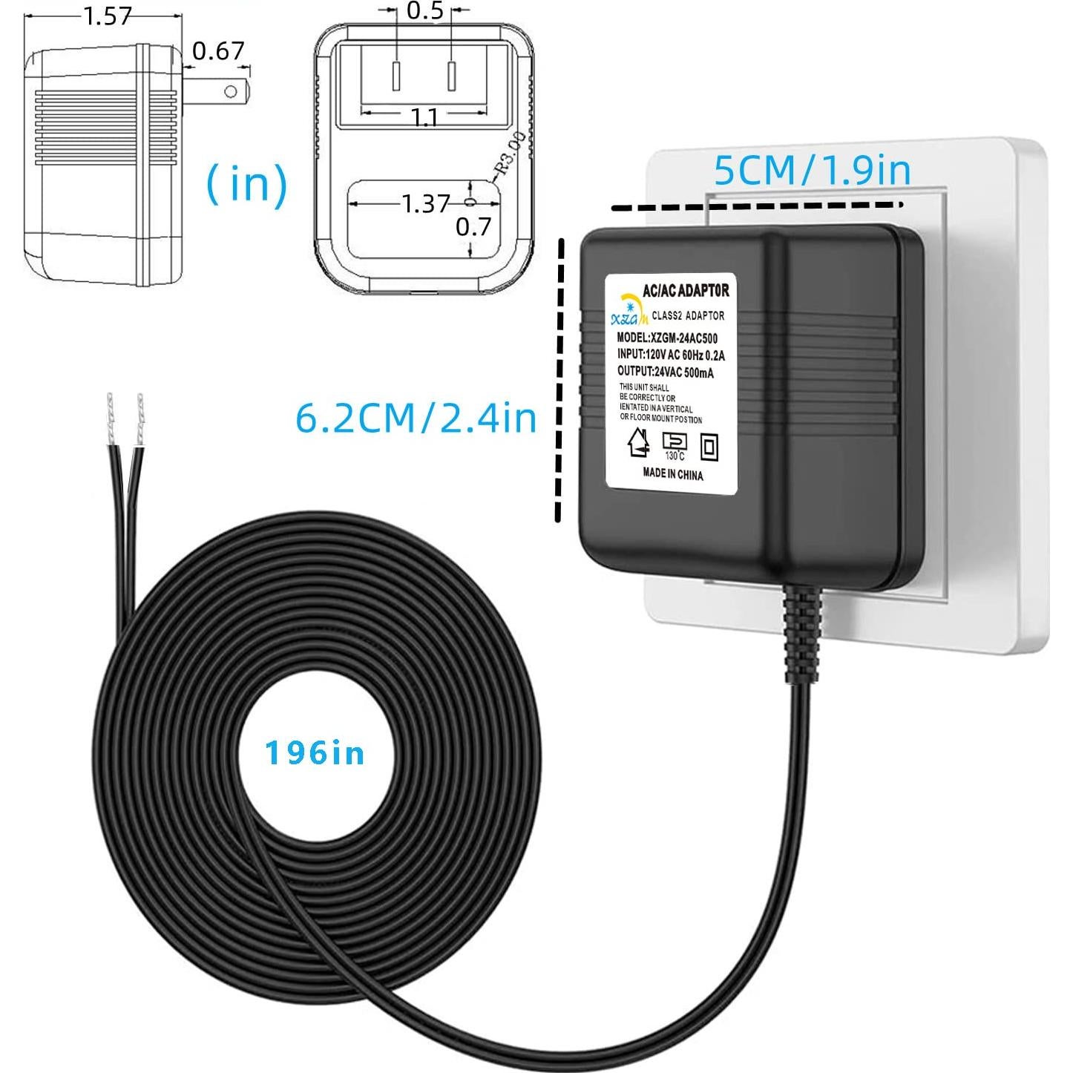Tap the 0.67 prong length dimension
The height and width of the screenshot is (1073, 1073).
coord(218,50)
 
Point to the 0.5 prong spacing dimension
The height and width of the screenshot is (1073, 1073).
coord(424,11)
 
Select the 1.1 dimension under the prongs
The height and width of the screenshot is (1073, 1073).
coord(424,117)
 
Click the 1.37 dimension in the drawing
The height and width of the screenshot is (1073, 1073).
coord(426,203)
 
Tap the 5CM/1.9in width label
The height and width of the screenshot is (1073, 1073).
coord(812,171)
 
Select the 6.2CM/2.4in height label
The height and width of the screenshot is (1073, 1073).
coord(416,418)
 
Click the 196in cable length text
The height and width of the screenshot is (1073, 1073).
coord(315,753)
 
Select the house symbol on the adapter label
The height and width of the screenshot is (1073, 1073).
coord(637,443)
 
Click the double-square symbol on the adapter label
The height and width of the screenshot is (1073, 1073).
coord(709,446)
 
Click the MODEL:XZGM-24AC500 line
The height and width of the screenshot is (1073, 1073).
coord(667,338)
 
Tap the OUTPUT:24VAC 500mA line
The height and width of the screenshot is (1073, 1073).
coord(666,372)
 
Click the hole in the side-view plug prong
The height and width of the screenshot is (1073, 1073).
coord(231,91)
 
